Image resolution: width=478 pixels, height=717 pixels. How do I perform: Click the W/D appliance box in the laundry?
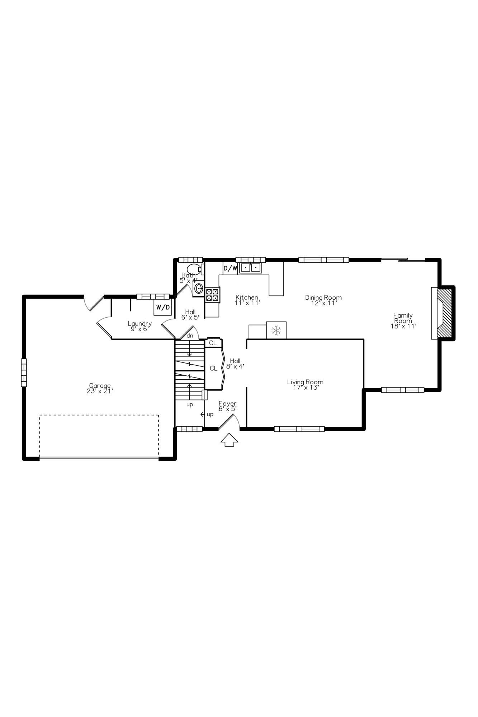163,307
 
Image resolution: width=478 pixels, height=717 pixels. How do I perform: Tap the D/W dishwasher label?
230,268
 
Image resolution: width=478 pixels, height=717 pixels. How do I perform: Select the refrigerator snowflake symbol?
276,330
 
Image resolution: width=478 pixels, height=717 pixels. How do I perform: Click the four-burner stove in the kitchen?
212,295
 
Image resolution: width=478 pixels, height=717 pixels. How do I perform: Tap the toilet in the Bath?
194,269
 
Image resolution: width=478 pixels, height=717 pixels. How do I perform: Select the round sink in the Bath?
199,289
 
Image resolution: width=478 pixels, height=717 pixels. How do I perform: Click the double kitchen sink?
250,267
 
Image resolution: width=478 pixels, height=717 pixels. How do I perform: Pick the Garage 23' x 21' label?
100,389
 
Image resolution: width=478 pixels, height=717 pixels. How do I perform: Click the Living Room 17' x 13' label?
305,385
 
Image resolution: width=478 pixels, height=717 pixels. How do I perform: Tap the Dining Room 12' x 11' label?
323,300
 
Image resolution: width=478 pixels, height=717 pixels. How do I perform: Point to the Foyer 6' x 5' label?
228,406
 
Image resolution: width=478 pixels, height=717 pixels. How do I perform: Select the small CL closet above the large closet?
213,343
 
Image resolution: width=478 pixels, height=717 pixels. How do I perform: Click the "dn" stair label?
190,336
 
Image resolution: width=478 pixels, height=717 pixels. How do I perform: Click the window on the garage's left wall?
24,372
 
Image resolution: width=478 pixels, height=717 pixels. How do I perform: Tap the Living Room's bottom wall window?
299,429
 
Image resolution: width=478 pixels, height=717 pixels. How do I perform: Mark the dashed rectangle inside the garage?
99,436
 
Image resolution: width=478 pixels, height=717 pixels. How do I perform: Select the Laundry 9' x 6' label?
139,326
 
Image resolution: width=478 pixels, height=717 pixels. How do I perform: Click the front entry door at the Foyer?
227,422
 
